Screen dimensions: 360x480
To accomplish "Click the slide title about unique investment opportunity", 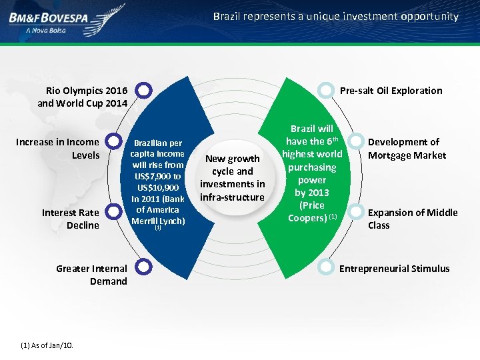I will pos(336,16).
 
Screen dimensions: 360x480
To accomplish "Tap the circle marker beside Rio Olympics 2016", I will pos(144,90).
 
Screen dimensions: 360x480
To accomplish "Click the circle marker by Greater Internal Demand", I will pos(144,267).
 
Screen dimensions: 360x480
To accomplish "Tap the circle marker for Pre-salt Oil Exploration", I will pos(325,90).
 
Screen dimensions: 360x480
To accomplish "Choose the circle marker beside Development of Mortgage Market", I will pos(357,142).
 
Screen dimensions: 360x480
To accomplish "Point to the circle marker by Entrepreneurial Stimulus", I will pos(325,267).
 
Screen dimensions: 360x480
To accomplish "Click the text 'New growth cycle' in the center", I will pos(232,165).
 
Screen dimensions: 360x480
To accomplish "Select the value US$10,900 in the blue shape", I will pos(158,187).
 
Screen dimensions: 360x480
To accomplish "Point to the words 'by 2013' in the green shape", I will pos(312,192).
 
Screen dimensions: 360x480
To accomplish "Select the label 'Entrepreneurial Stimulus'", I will pos(395,269).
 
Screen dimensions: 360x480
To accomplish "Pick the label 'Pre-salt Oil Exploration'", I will pos(391,91).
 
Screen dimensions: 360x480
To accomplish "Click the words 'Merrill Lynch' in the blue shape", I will pos(158,221).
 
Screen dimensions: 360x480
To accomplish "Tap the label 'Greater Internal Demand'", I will pos(91,275).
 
